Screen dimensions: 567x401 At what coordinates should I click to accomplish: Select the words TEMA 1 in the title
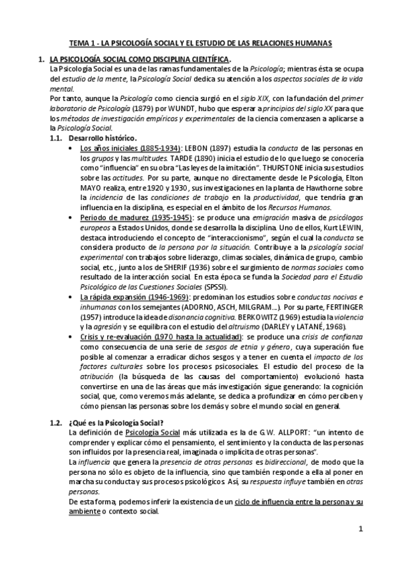(84, 43)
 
